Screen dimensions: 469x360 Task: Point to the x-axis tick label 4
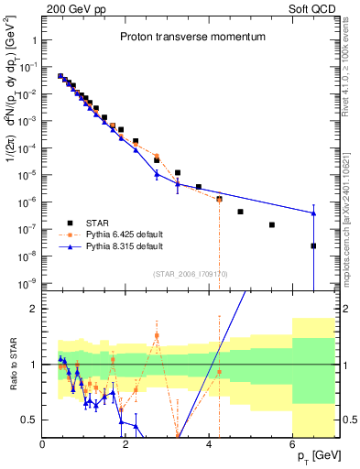point(210,444)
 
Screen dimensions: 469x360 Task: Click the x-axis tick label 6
point(293,444)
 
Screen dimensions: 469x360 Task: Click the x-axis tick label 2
point(126,444)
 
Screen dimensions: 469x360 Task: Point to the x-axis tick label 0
point(43,444)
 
